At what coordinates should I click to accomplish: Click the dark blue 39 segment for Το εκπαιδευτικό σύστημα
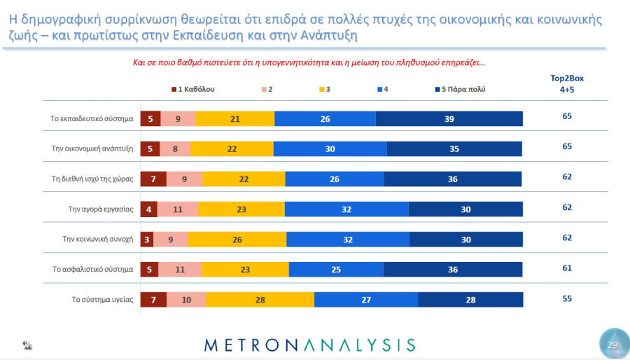pos(449,118)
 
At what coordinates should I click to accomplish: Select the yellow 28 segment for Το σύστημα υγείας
pos(260,300)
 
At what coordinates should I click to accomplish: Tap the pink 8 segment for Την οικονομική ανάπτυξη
pos(175,148)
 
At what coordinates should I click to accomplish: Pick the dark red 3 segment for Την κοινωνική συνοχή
pos(147,240)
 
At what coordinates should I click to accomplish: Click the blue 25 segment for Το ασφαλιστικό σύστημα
pos(336,270)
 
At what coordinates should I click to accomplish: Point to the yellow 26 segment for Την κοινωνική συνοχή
pos(237,240)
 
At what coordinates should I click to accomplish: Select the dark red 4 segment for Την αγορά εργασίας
pos(149,209)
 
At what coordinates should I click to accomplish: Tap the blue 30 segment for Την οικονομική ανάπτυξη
pos(330,148)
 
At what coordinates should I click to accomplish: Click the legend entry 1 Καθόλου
pos(193,89)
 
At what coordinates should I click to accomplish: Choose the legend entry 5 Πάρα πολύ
pos(461,89)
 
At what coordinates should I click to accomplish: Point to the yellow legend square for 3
pos(322,89)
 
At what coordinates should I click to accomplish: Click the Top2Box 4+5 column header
pos(567,84)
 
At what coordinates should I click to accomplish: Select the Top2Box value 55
pos(567,298)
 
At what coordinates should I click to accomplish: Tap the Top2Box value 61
pos(567,268)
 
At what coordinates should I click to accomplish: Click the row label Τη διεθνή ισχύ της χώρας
pos(92,179)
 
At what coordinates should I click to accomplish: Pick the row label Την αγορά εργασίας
pos(101,209)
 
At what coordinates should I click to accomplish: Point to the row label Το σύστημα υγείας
pos(102,299)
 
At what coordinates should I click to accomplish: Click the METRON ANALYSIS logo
pos(310,345)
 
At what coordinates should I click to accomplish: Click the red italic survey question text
pos(309,62)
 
